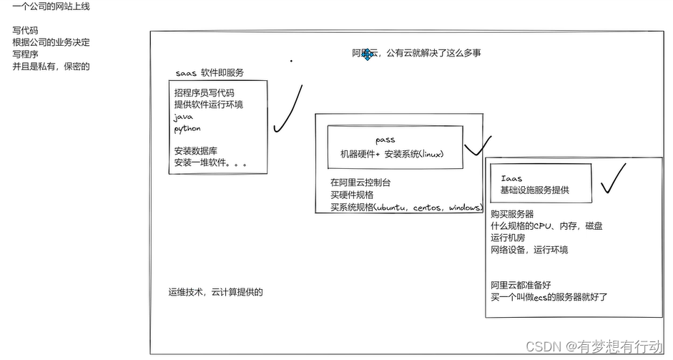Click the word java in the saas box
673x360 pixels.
[183, 117]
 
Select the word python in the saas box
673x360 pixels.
[187, 129]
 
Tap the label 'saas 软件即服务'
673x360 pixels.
[210, 73]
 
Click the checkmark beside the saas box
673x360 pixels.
[287, 112]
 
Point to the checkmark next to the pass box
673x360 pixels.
[477, 147]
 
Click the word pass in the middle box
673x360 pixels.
[385, 140]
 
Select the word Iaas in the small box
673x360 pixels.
[511, 178]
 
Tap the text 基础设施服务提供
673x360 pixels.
[534, 190]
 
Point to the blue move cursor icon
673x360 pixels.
[368, 54]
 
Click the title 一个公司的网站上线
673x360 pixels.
[51, 6]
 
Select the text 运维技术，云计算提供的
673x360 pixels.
[215, 292]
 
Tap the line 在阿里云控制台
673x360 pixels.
[360, 183]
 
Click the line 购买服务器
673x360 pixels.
[512, 214]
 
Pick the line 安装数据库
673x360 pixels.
[196, 151]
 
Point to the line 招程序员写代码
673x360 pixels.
[204, 93]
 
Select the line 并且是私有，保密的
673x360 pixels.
[51, 67]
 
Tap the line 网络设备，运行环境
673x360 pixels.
[529, 250]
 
